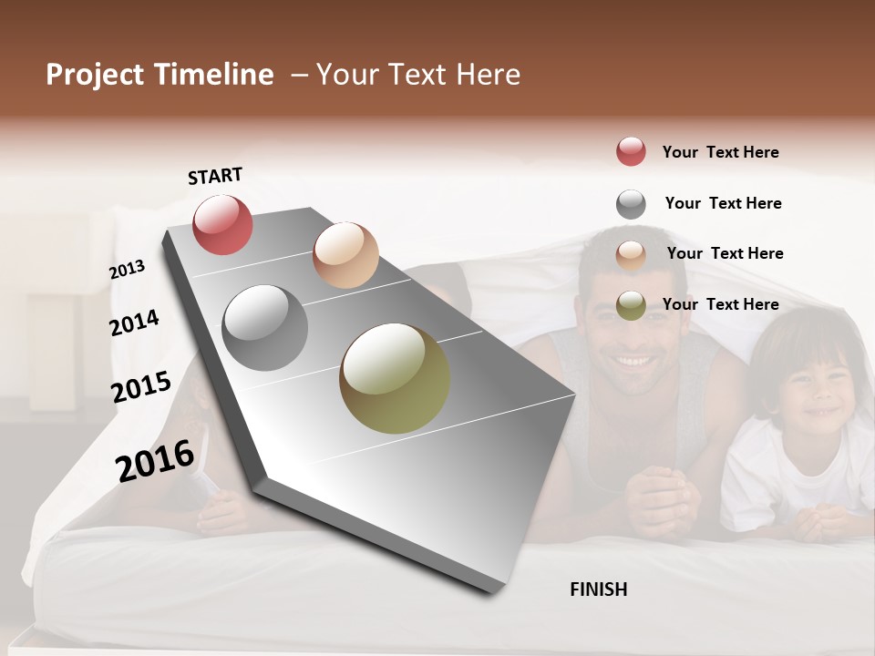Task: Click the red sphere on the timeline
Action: click(222, 224)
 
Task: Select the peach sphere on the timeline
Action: click(345, 255)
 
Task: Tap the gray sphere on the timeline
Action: click(265, 328)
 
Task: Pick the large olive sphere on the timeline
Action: click(395, 378)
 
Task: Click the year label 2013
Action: click(128, 270)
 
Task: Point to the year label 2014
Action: click(134, 323)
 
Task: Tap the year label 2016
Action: click(155, 460)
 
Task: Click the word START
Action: click(215, 176)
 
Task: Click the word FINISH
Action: click(599, 589)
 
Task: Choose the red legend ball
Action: click(631, 151)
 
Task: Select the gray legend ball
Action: click(631, 204)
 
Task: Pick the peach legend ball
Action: click(631, 254)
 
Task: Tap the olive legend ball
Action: click(631, 305)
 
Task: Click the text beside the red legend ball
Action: click(720, 152)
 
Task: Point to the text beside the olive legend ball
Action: click(720, 304)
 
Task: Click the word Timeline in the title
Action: click(214, 75)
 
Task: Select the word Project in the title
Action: click(95, 75)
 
